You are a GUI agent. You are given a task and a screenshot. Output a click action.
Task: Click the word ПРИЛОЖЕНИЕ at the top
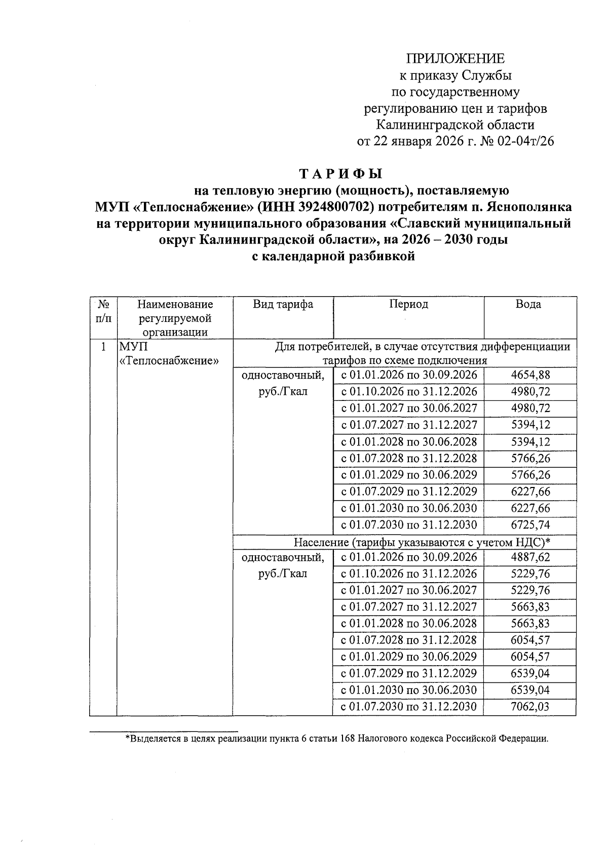[x=457, y=59]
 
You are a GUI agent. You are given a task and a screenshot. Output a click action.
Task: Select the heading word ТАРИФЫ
[x=340, y=175]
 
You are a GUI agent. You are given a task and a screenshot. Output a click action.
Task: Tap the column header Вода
[x=528, y=304]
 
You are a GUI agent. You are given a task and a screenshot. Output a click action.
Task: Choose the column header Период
[x=408, y=304]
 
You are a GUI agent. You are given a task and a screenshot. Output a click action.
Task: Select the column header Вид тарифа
[x=283, y=304]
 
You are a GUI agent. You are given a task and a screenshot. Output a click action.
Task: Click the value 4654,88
[x=530, y=375]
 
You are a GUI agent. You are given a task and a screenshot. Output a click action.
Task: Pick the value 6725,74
[x=530, y=525]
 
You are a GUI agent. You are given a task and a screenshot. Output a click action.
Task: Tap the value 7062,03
[x=530, y=707]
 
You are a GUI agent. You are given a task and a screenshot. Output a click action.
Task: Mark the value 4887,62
[x=530, y=557]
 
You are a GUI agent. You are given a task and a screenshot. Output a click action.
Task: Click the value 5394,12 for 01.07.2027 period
[x=530, y=425]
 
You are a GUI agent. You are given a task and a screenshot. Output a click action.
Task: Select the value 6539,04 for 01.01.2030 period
[x=530, y=690]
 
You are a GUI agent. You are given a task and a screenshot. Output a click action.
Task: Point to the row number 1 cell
[x=103, y=347]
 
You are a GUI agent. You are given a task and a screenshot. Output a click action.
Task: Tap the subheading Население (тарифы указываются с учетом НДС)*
[x=422, y=543]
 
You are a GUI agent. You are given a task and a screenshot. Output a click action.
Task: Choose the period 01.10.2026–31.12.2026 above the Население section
[x=408, y=392]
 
